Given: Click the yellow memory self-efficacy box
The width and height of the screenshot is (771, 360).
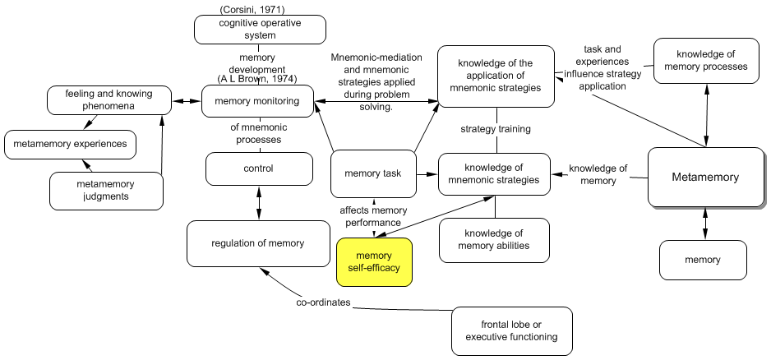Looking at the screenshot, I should (x=373, y=261).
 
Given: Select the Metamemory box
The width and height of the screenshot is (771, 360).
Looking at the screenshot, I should (x=705, y=177).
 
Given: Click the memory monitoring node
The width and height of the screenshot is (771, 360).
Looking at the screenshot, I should (x=256, y=102).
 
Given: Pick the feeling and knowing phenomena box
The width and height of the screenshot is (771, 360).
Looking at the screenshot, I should (x=108, y=100).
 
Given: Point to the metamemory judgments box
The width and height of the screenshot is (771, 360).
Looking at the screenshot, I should (x=104, y=190).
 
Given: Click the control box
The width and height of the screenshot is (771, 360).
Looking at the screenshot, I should (x=259, y=168).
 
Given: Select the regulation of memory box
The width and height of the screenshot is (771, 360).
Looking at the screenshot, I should (x=257, y=242).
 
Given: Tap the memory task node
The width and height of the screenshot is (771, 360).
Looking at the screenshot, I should (x=372, y=174).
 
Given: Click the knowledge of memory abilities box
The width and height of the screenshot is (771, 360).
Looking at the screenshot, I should (x=493, y=239).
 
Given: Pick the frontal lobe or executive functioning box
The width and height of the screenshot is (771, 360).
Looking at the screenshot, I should (x=510, y=330).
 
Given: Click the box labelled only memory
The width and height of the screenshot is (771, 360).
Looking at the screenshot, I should (x=703, y=260).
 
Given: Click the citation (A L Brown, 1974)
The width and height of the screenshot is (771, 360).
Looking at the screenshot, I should (x=256, y=79).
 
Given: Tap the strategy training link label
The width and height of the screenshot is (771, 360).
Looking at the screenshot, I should (x=495, y=129).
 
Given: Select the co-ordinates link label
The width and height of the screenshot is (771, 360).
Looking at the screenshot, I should (x=324, y=303).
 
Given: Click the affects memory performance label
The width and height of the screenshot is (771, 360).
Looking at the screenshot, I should (x=373, y=216).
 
